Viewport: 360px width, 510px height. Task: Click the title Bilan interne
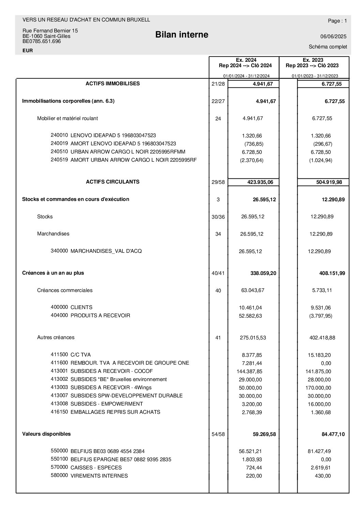182,35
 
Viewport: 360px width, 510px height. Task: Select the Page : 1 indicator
337,21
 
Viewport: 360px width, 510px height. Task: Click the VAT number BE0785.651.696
42,41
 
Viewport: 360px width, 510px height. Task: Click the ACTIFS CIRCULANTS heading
112,182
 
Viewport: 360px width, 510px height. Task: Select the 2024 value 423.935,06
260,182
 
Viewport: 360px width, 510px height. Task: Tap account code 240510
59,151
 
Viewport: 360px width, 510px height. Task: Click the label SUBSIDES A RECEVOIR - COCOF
111,371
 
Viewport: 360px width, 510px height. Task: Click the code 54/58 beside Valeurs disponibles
218,434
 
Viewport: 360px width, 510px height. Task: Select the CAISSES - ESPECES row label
96,468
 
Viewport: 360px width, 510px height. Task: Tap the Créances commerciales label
65,290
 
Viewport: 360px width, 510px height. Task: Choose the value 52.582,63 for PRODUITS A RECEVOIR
250,316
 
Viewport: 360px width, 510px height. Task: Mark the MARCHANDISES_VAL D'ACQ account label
106,251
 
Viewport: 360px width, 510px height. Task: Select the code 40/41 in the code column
218,273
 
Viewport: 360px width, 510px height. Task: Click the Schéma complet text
328,47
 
